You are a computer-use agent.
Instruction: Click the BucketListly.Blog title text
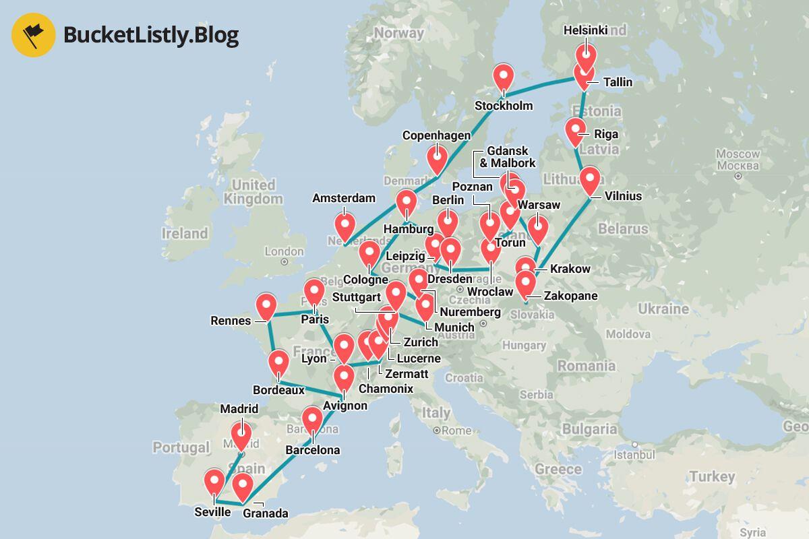tap(151, 35)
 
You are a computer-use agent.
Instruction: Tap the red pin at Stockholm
tap(504, 77)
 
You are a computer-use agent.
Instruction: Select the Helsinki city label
tap(585, 30)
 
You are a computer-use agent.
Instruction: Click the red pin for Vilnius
tap(591, 180)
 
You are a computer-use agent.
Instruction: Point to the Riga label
tap(606, 134)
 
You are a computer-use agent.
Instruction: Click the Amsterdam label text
tap(344, 198)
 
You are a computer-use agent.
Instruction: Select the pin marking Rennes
tap(267, 306)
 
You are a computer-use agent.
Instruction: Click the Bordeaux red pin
tap(278, 362)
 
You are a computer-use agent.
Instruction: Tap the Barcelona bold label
tap(313, 450)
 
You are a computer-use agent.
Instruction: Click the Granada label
tap(265, 513)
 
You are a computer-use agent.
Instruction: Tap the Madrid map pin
tap(241, 435)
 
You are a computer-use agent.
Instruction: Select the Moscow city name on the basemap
tap(738, 159)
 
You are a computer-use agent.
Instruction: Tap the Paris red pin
tap(314, 292)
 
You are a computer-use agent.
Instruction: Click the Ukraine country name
tap(664, 309)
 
